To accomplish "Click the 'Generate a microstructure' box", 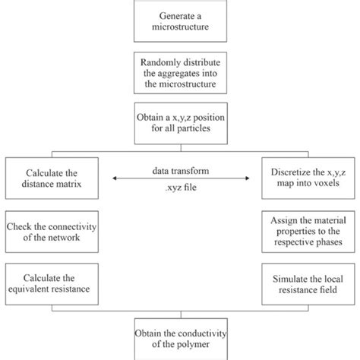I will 179,22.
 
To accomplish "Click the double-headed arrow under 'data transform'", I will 179,179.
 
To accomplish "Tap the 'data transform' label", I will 180,168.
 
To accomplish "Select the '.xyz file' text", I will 180,191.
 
